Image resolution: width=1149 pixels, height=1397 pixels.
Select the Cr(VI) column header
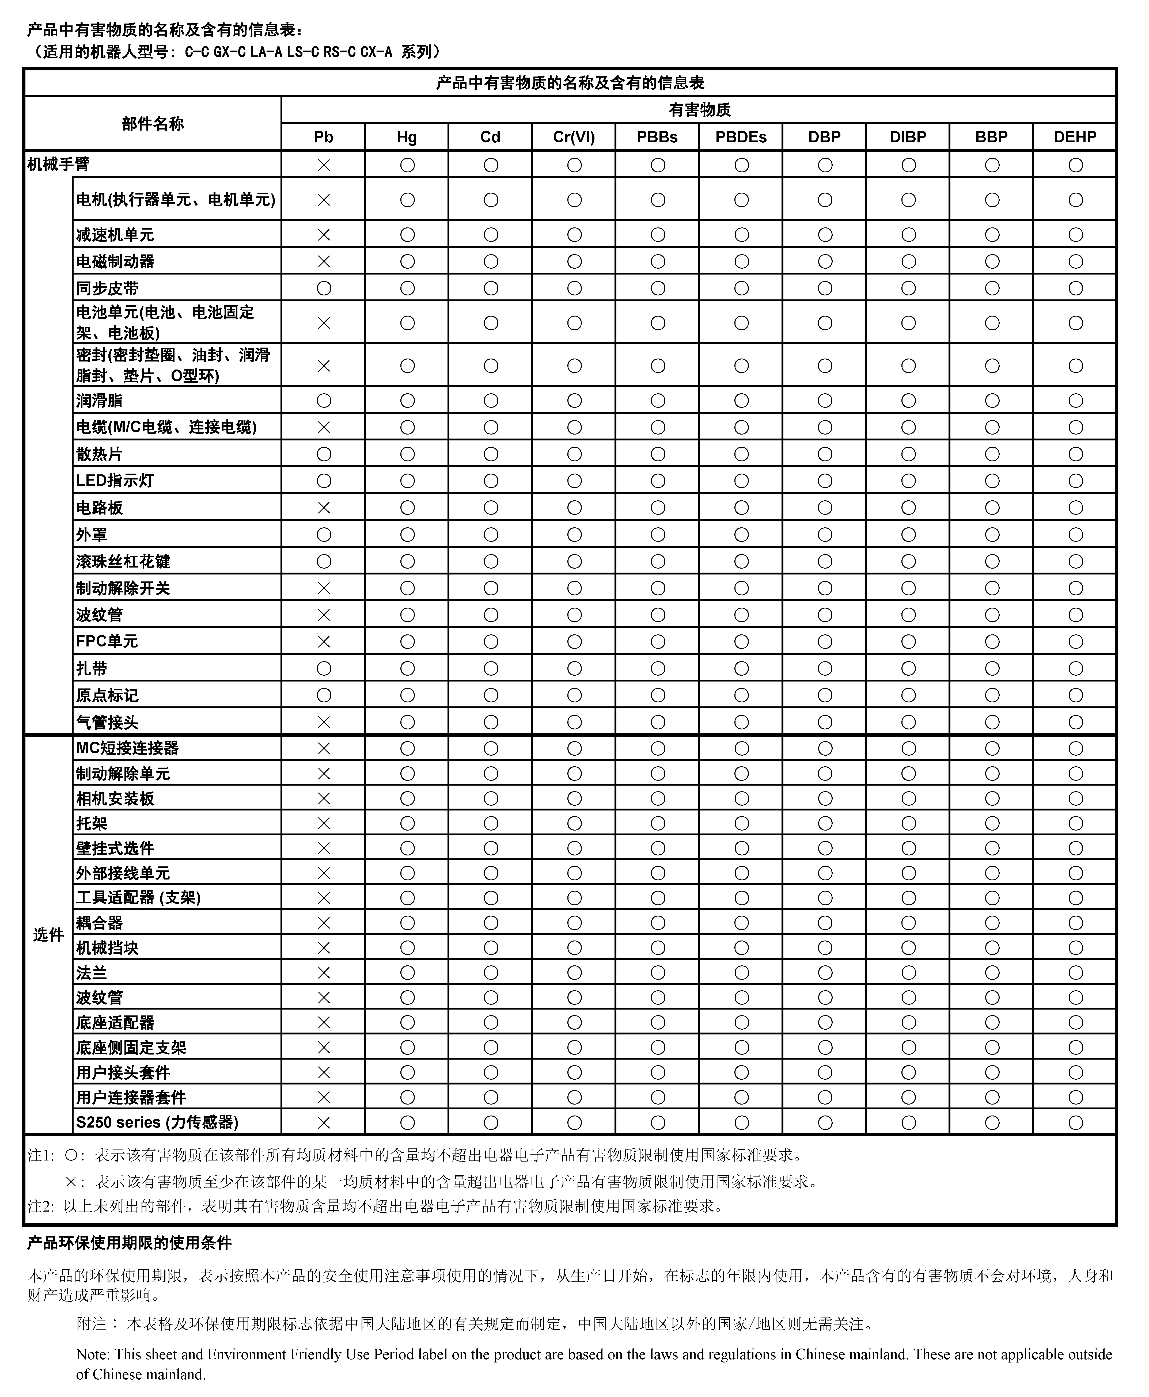tap(574, 137)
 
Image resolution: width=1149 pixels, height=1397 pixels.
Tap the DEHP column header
tap(1075, 137)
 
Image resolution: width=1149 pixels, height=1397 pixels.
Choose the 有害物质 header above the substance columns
tap(699, 110)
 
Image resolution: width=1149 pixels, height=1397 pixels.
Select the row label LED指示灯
tap(115, 481)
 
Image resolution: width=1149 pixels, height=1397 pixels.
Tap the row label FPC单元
tap(107, 641)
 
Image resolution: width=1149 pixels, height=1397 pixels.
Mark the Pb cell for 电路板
tap(324, 508)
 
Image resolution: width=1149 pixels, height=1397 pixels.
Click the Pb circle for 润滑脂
tap(324, 400)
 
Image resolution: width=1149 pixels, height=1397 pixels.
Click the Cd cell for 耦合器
tap(490, 923)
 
